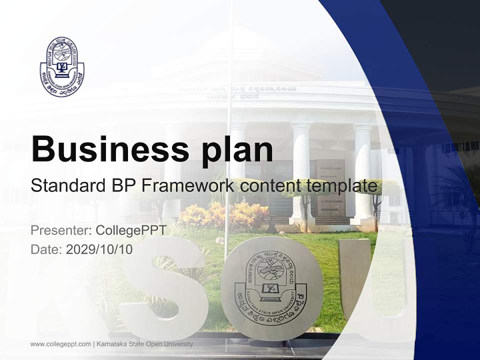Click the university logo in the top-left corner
[59, 66]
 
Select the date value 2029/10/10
[99, 249]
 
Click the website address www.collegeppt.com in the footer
[60, 344]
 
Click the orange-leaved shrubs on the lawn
[210, 215]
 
